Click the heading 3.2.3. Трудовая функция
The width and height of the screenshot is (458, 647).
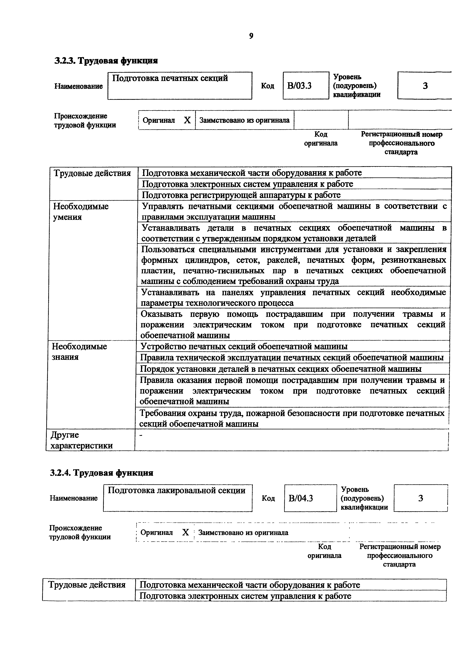tap(106, 60)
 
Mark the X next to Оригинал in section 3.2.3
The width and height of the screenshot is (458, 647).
tap(187, 120)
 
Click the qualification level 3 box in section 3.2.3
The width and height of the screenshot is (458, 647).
tap(425, 86)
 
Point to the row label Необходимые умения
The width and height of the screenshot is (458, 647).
tap(81, 212)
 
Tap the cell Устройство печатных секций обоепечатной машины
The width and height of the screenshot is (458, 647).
tap(244, 346)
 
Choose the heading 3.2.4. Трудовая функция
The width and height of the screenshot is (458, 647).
tap(102, 473)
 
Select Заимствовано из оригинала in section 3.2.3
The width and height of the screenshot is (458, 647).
tap(244, 120)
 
